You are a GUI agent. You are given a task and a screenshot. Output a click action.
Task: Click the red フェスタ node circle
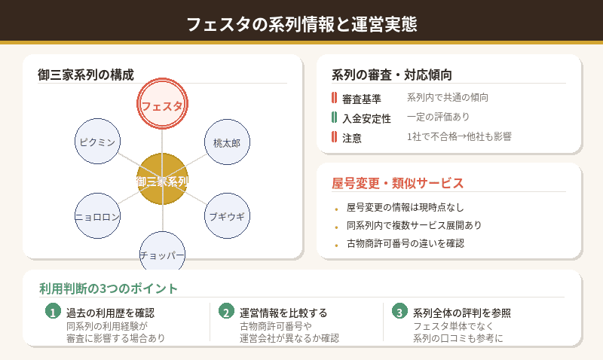[162, 105]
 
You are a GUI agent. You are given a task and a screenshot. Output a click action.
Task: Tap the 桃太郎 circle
[227, 142]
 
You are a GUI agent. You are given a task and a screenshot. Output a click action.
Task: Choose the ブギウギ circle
[227, 216]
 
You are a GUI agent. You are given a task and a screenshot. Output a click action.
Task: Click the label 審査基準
[362, 99]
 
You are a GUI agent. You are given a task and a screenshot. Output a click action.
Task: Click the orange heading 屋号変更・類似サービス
[397, 183]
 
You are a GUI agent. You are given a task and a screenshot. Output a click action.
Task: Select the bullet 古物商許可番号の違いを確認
[406, 243]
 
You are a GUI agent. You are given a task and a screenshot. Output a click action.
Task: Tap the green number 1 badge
[53, 312]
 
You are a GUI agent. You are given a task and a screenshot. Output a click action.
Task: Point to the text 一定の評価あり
[438, 117]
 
